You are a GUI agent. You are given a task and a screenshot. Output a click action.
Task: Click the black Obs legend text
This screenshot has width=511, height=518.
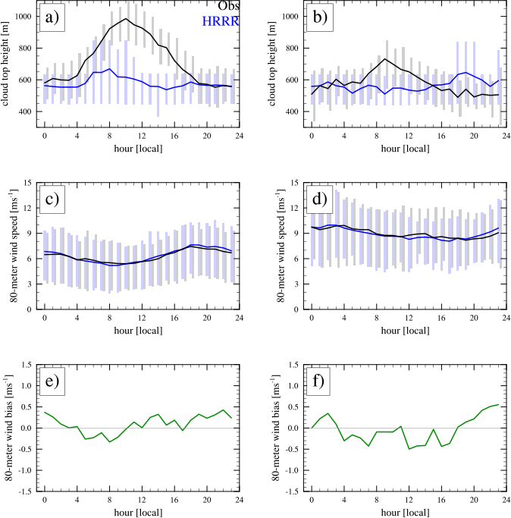tap(228, 7)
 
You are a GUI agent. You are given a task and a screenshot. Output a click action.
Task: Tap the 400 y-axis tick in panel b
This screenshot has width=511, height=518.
tap(292, 112)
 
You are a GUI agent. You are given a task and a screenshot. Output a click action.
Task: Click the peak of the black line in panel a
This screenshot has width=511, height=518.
tap(127, 19)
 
